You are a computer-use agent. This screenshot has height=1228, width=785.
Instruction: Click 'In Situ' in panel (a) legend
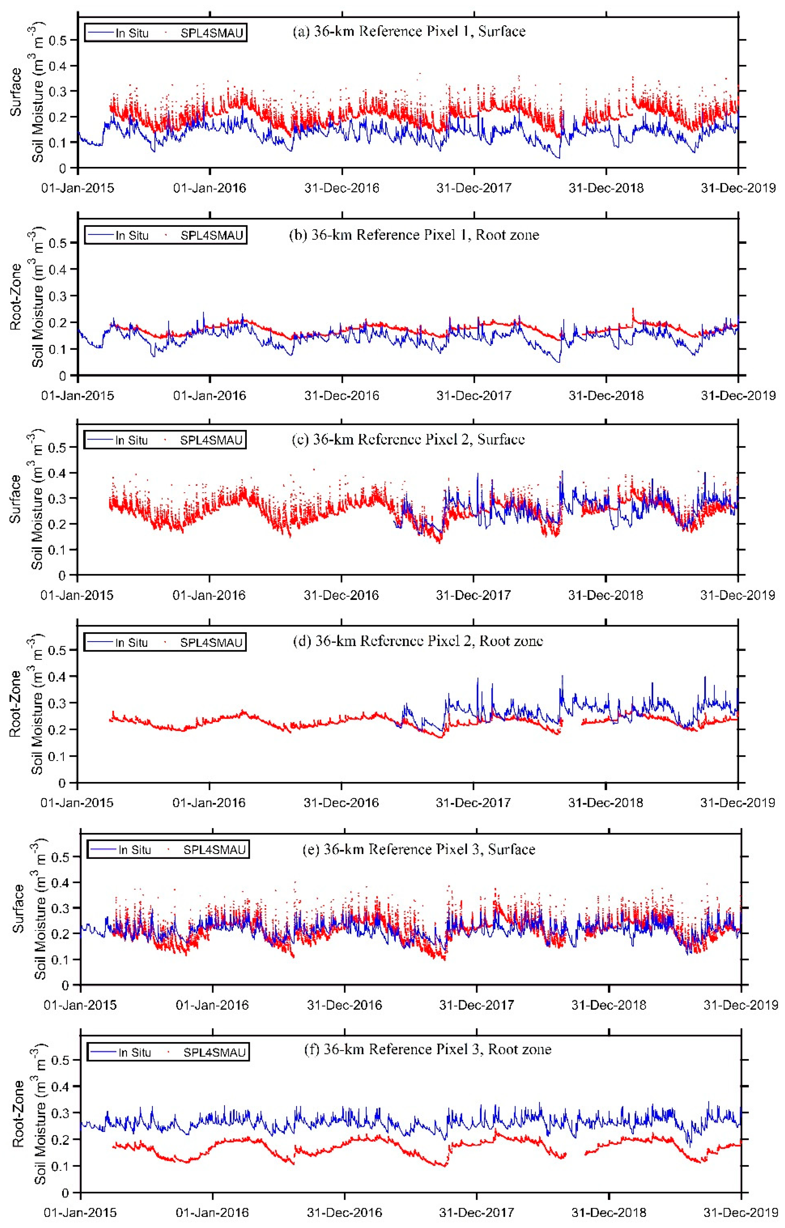coord(132,34)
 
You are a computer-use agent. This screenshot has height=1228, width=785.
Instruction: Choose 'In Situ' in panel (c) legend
coord(132,440)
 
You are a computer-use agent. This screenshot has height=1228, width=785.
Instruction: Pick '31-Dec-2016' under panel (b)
coord(342,396)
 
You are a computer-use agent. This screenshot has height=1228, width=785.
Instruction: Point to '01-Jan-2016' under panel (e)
coord(213,1005)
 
